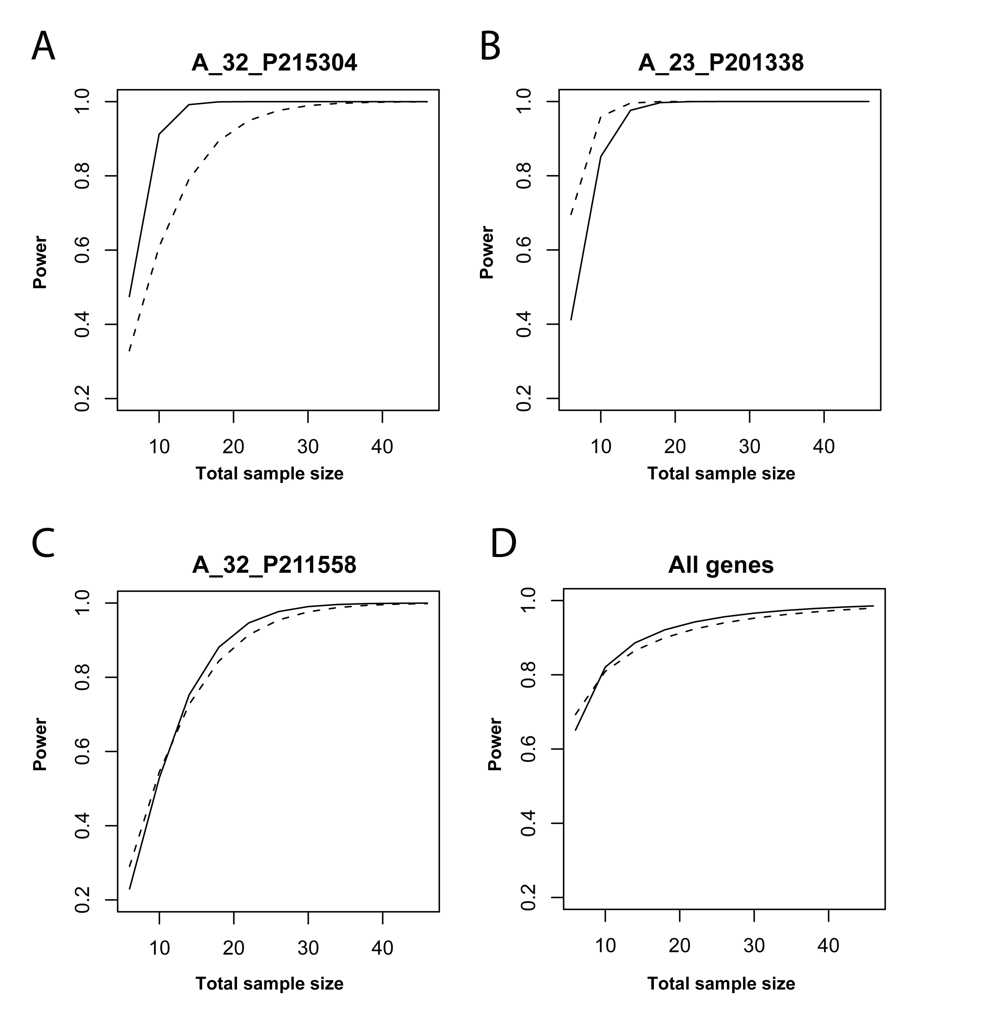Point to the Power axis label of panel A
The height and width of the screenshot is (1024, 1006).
tap(40, 262)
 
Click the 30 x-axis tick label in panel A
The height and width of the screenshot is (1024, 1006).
tap(308, 447)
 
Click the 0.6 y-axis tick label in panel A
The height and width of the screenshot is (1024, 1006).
tap(83, 250)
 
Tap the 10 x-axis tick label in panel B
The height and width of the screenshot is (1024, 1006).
tap(601, 447)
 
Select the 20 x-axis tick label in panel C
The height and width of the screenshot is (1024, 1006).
tap(233, 948)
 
